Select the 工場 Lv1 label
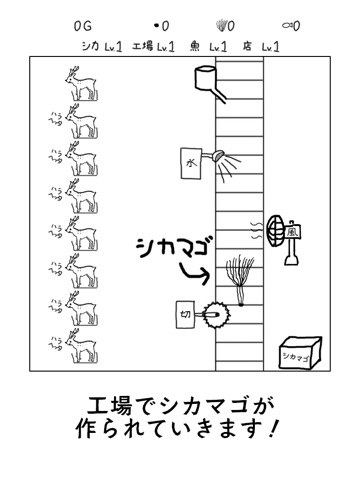click(x=153, y=46)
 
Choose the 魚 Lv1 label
click(x=212, y=46)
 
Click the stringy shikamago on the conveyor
click(x=239, y=277)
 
